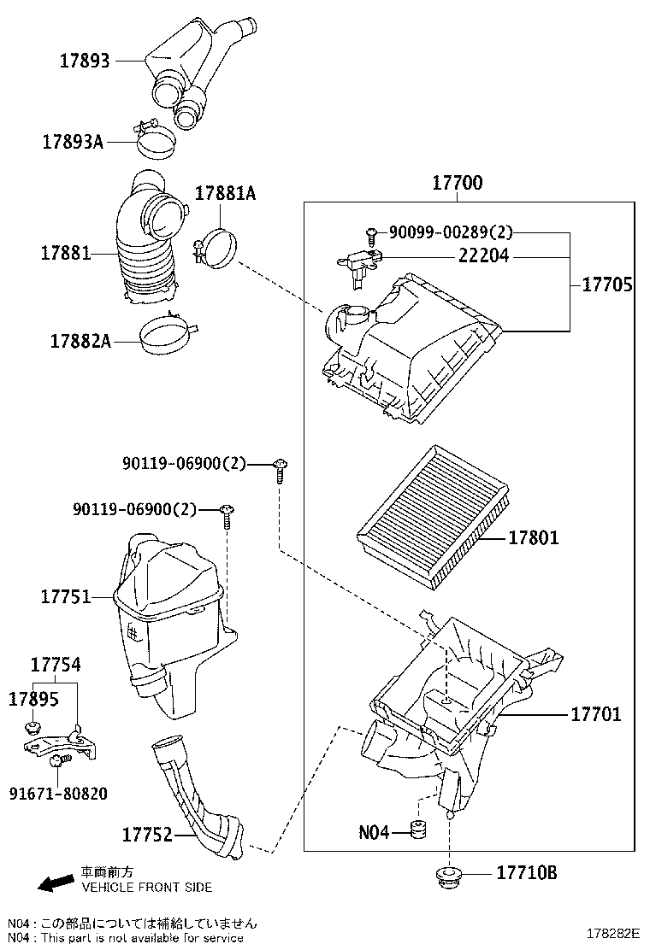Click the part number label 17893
(85, 61)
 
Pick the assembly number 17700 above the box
(457, 182)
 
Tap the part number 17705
(607, 285)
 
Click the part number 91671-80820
(58, 794)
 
